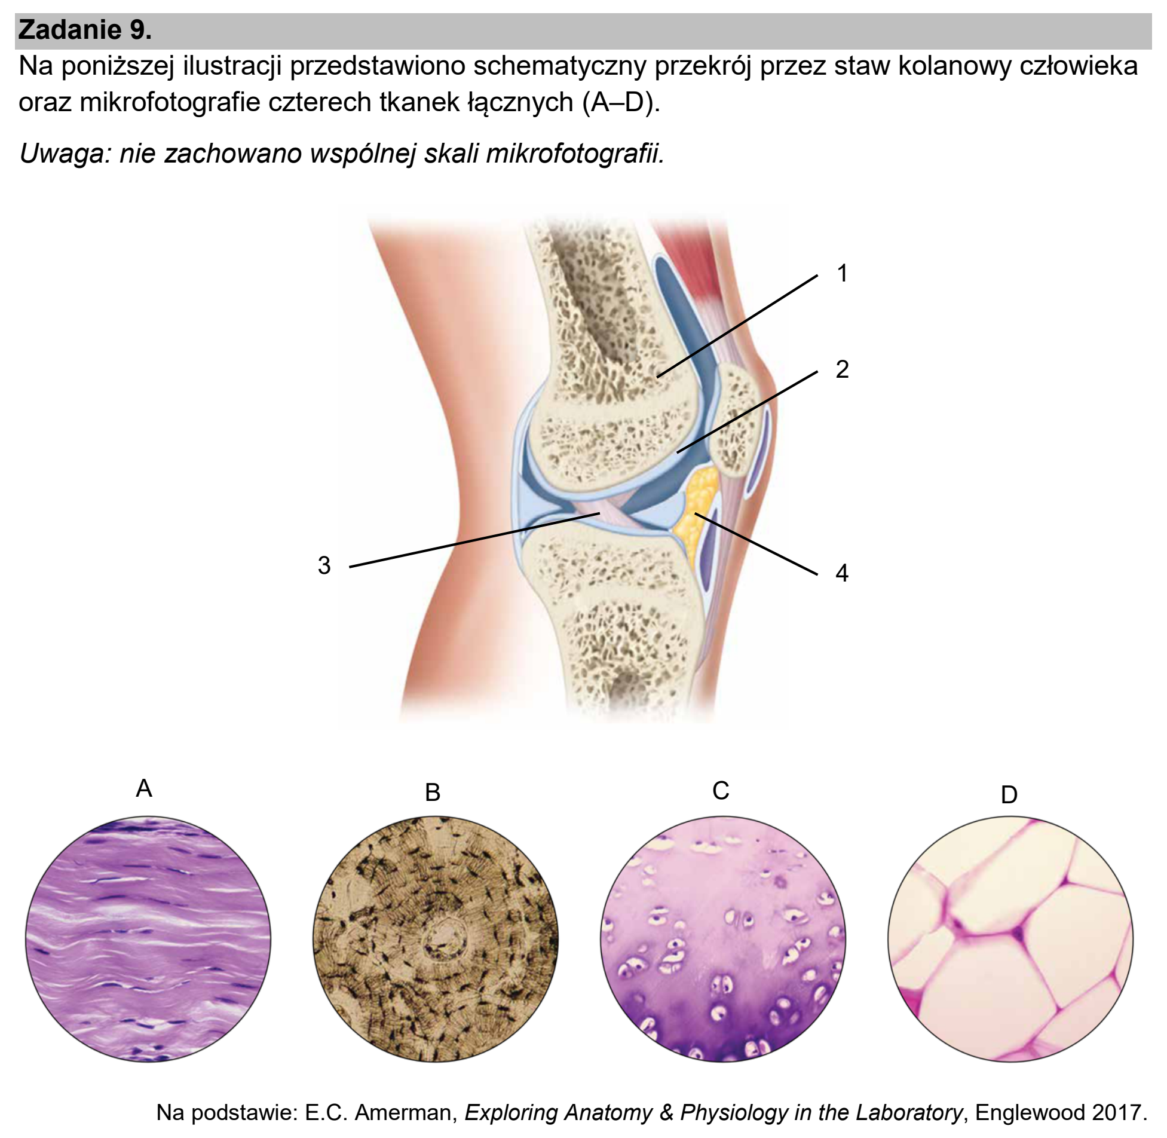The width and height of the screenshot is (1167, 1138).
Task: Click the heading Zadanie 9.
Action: pyautogui.click(x=85, y=29)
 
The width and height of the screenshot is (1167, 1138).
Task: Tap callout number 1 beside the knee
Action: pyautogui.click(x=843, y=273)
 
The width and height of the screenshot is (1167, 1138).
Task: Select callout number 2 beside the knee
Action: pyautogui.click(x=843, y=369)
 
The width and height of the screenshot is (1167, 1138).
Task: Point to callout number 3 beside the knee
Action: pyautogui.click(x=324, y=565)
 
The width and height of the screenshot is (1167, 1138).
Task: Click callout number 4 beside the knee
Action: pyautogui.click(x=842, y=573)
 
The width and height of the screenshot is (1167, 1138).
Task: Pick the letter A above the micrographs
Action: pyautogui.click(x=144, y=788)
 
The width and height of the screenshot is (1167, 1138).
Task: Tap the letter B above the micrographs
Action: pyautogui.click(x=433, y=793)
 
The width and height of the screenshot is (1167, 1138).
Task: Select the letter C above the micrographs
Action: pyautogui.click(x=721, y=790)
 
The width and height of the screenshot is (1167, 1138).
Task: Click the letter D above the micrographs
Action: pyautogui.click(x=1009, y=794)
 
